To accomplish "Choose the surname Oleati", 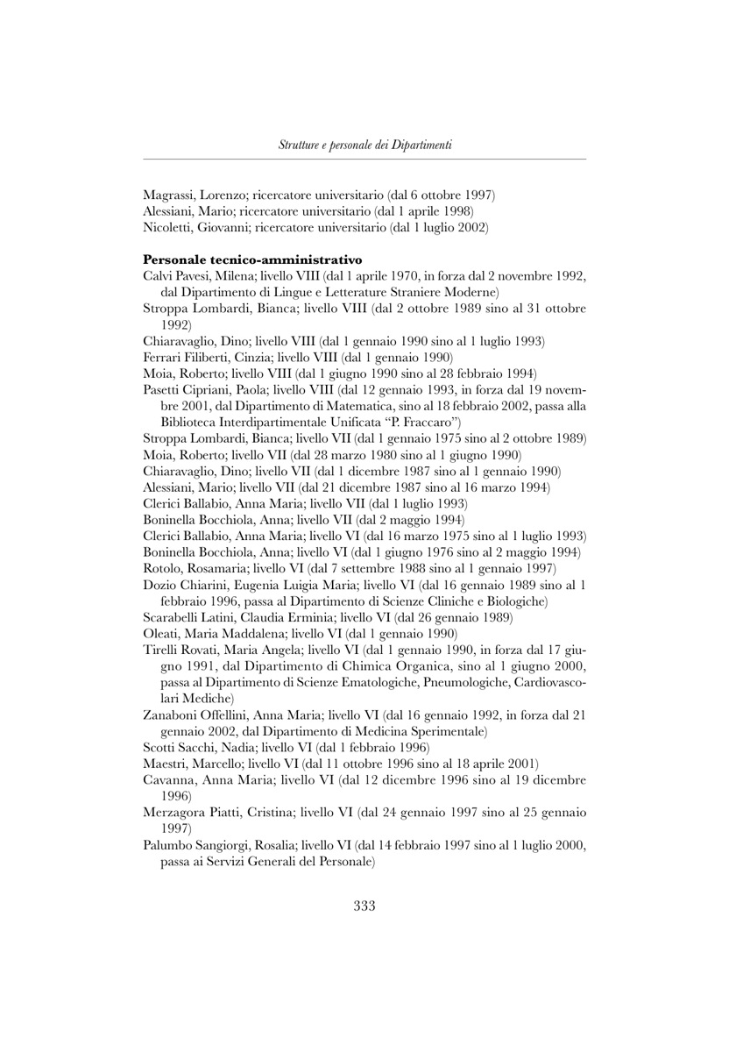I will (160, 632).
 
